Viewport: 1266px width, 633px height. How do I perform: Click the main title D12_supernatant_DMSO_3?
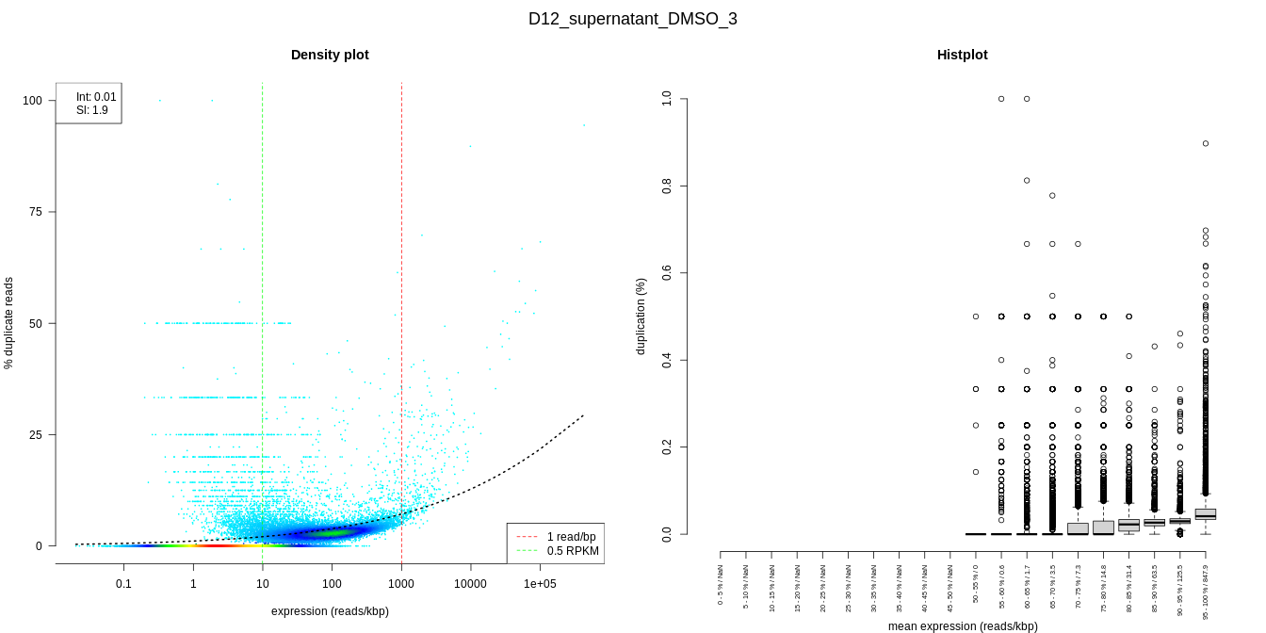[632, 19]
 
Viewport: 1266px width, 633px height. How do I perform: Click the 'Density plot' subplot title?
[330, 55]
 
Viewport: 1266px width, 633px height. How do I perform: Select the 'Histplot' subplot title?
[962, 55]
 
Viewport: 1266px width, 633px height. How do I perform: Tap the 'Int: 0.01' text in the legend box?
[96, 97]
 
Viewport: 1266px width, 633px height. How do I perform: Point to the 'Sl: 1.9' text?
[92, 110]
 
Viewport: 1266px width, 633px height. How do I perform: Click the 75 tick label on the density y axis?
[36, 212]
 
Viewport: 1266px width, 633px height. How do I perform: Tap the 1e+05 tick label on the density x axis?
[540, 584]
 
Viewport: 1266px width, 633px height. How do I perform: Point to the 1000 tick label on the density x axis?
[401, 584]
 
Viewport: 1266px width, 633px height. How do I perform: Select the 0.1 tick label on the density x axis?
[123, 584]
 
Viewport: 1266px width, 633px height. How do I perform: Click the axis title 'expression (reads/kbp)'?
[330, 611]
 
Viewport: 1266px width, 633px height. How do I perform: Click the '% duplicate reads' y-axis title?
[9, 323]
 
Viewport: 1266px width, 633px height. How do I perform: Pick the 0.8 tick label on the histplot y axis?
[667, 186]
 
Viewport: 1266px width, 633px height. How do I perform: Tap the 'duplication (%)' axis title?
[641, 316]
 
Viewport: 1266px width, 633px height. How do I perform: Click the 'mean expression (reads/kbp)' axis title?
[963, 626]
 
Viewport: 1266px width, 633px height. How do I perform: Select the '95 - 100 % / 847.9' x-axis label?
[1206, 590]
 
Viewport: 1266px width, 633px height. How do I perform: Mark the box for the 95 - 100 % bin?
[1206, 514]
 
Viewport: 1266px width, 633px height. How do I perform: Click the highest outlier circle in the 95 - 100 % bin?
[1206, 143]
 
